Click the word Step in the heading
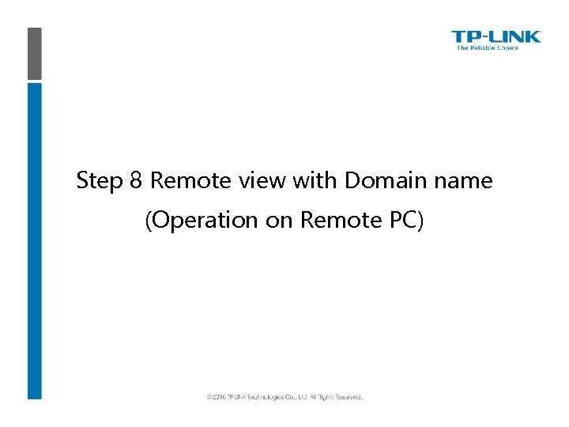[x=100, y=182]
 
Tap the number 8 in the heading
[x=135, y=181]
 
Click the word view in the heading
[x=262, y=181]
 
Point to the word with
[x=315, y=181]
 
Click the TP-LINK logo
[x=496, y=36]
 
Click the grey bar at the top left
[x=34, y=53]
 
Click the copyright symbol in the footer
[x=209, y=397]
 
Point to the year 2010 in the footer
[x=219, y=397]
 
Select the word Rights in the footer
[x=322, y=397]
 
